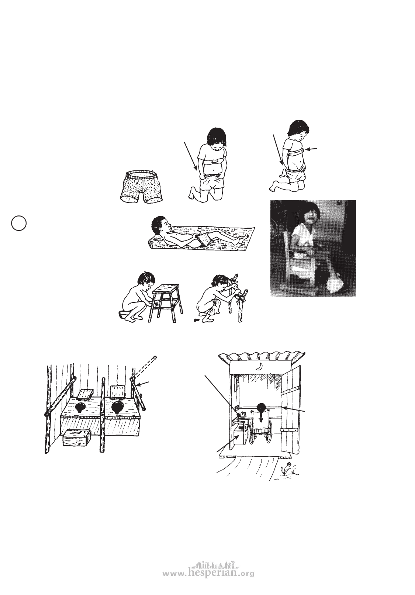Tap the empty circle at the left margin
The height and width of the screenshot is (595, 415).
(19, 223)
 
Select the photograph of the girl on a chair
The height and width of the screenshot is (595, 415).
(313, 248)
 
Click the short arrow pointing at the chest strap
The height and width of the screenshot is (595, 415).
(311, 149)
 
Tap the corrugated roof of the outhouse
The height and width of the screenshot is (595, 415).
(262, 355)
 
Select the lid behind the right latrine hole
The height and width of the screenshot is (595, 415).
(118, 391)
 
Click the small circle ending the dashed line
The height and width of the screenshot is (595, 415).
(155, 357)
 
